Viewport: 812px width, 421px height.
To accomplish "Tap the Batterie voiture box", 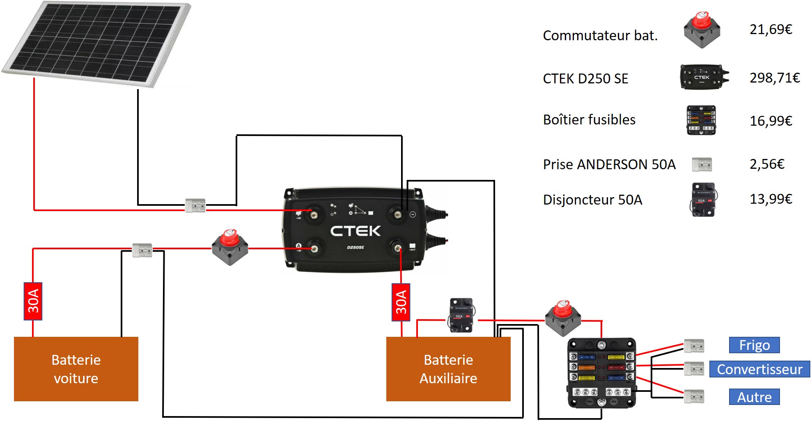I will pos(76,369).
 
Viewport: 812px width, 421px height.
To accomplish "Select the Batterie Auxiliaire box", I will pos(448,369).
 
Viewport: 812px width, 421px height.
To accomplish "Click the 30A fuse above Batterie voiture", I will pos(33,301).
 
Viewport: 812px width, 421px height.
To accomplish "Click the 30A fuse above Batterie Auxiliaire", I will pos(401,302).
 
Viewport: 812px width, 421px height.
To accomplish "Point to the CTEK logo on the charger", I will pos(356,231).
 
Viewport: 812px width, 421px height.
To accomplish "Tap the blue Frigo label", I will pos(754,345).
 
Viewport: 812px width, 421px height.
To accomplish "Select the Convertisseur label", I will pos(759,369).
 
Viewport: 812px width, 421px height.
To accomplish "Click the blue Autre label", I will pos(754,397).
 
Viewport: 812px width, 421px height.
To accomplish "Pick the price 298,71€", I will pos(775,78).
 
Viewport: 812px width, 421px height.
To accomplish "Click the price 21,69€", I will pos(771,29).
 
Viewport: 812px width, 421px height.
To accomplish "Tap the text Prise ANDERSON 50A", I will pos(609,164).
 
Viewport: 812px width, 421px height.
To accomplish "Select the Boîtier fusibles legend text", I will pos(589,120).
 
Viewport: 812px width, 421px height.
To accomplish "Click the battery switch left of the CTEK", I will pos(230,247).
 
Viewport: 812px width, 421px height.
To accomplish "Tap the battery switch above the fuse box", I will pos(563,318).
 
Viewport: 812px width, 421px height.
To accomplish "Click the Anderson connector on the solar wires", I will pos(195,205).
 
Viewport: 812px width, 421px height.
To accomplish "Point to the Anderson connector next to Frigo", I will pos(694,346).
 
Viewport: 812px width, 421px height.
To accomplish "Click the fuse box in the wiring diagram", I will pos(601,373).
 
